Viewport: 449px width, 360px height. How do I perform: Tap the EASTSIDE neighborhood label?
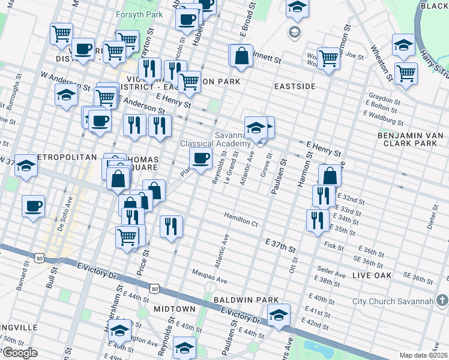[x=295, y=86]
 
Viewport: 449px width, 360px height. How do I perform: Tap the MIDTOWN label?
[x=175, y=308]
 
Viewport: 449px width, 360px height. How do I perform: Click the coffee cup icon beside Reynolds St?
[x=201, y=158]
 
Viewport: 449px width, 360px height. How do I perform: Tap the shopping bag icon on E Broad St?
[x=241, y=56]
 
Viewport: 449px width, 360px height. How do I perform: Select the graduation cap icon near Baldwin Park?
[x=279, y=315]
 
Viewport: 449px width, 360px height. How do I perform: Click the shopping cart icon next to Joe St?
[x=328, y=58]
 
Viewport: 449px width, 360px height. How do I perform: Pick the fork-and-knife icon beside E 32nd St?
[x=324, y=195]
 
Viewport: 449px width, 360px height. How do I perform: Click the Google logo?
[x=20, y=352]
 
